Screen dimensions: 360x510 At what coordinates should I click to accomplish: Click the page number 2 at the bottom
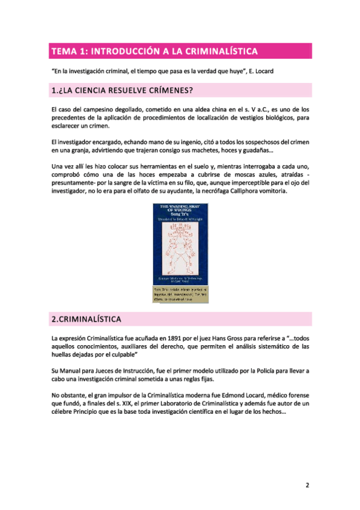pyautogui.click(x=307, y=485)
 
